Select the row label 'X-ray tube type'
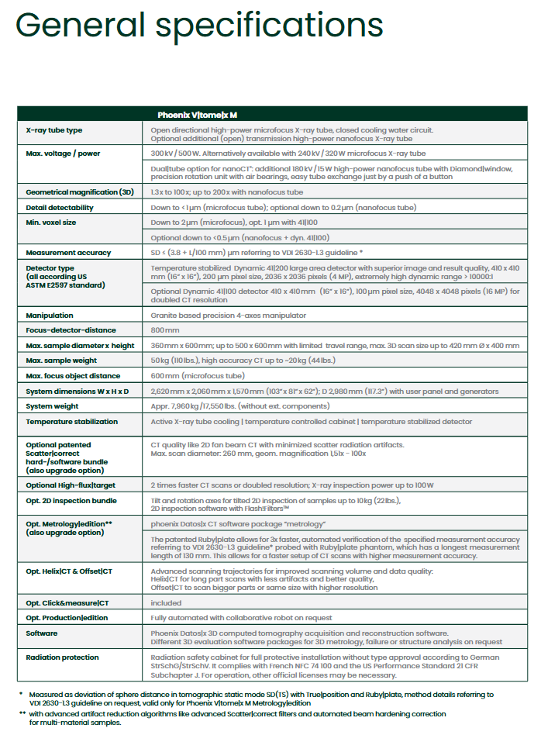click(54, 130)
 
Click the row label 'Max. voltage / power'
click(63, 154)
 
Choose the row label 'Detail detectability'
click(60, 207)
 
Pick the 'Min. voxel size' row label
click(52, 223)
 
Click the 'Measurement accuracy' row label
click(67, 252)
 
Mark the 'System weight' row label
click(53, 406)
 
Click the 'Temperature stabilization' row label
click(71, 422)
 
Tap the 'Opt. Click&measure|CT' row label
click(68, 602)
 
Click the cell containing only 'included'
click(166, 602)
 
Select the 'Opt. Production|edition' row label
click(68, 618)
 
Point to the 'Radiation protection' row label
click(63, 657)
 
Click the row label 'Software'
click(42, 633)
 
